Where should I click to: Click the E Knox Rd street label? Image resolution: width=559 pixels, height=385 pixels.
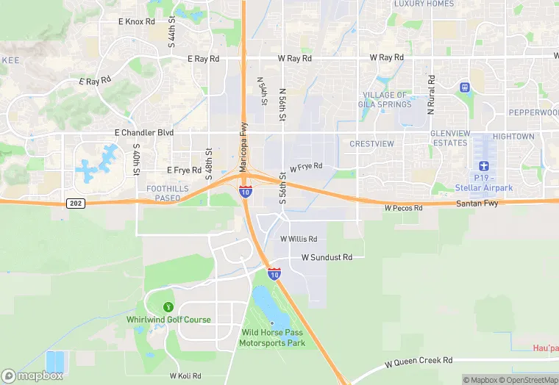[137, 22]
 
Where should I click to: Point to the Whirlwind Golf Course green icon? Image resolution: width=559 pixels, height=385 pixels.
[168, 306]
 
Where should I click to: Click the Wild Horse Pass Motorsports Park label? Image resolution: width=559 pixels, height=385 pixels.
[273, 337]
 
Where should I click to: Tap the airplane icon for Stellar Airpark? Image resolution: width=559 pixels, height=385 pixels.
[483, 166]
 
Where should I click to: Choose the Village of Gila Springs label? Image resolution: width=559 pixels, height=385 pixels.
[386, 100]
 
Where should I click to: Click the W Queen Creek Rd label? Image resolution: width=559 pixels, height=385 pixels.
[419, 361]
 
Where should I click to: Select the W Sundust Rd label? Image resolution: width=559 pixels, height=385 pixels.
[327, 258]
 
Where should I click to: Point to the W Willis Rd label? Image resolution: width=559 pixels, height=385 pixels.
[299, 239]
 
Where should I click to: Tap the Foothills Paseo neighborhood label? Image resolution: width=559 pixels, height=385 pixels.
[163, 193]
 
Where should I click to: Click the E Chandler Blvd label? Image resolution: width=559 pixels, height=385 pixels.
[144, 132]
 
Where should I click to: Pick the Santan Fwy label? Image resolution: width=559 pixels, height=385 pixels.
[477, 203]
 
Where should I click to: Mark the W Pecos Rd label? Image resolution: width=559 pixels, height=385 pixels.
[403, 209]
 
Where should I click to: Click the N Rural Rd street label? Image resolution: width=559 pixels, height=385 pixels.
[432, 94]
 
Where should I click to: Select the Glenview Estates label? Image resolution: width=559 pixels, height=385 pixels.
[449, 138]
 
